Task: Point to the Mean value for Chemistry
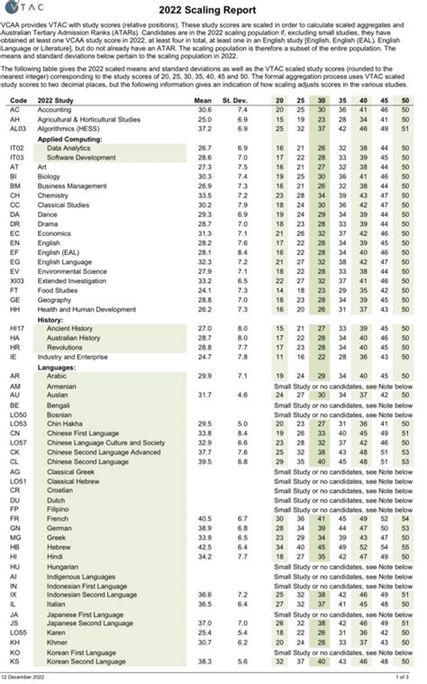tap(204, 195)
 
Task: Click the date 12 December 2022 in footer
tap(25, 676)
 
